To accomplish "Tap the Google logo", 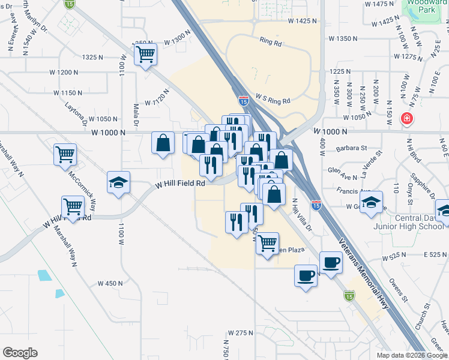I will pos(20,353).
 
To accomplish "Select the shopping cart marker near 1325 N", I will pos(146,55).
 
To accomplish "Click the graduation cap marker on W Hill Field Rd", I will pos(119,182).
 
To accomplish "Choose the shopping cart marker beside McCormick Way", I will pos(65,154).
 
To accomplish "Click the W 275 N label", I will pos(241,332).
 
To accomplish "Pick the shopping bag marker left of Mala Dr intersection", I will pos(163,143).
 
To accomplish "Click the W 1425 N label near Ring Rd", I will pos(302,21).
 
